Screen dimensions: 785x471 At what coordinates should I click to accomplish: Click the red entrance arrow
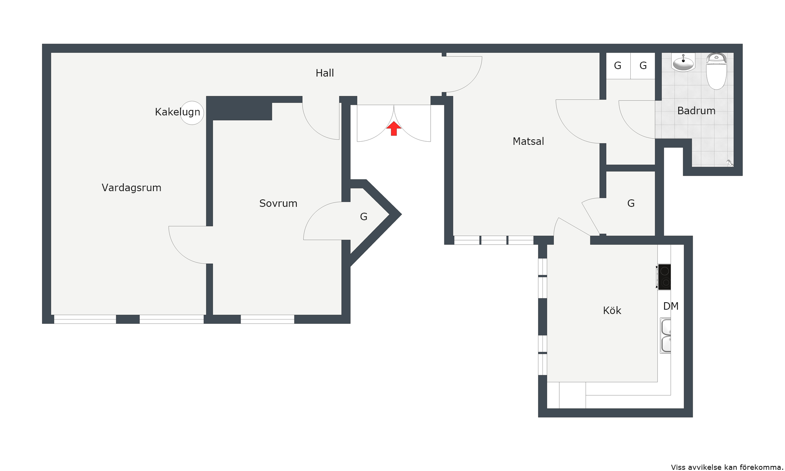point(394,128)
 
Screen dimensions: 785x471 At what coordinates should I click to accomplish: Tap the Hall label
point(325,73)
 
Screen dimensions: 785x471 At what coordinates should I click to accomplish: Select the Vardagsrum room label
point(131,188)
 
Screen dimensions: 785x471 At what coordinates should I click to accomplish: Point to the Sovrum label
point(278,203)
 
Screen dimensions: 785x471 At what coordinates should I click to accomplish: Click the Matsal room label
point(528,141)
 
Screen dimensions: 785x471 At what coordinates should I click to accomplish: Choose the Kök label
point(612,310)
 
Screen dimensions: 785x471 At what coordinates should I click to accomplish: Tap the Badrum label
point(696,111)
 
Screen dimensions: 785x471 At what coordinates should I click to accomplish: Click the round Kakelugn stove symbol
point(192,113)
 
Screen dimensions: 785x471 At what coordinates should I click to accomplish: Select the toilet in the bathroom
point(716,71)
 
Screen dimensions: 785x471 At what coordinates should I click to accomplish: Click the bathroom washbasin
point(683,62)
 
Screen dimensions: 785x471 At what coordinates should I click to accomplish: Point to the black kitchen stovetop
point(664,277)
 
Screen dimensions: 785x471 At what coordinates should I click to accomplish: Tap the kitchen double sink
point(666,336)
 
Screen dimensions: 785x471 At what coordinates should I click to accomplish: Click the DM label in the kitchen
point(671,306)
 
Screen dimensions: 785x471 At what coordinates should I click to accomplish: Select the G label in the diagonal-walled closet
point(364,217)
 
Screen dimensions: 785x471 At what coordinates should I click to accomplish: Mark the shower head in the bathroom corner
point(730,162)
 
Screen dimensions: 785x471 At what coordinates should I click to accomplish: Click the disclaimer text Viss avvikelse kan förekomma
point(727,467)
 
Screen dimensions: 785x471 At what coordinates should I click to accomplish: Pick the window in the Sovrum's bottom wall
point(267,319)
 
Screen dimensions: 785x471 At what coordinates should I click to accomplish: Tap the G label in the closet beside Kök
point(631,203)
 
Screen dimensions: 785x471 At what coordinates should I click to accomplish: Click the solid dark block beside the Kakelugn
point(239,108)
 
